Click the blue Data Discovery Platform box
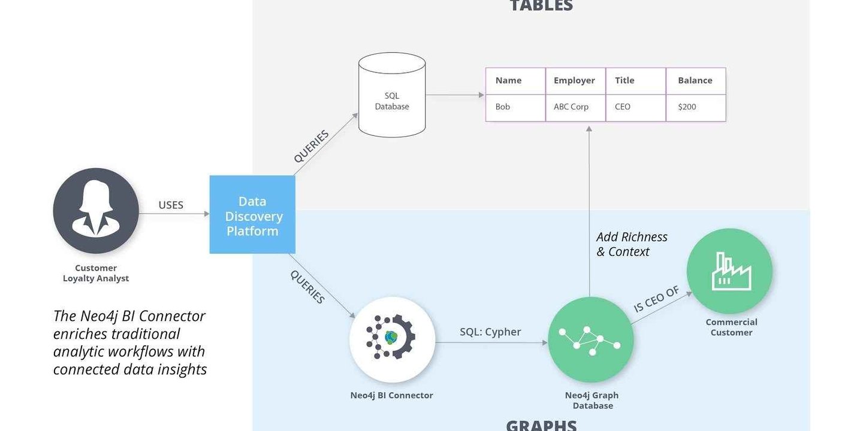point(252,215)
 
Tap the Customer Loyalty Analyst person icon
point(96,211)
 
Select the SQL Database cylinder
point(392,96)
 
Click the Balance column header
point(695,81)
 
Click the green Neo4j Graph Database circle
point(591,339)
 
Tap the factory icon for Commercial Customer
point(729,271)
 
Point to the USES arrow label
point(171,205)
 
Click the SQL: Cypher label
point(490,332)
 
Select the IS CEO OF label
point(657,299)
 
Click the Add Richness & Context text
point(631,244)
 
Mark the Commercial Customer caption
point(731,327)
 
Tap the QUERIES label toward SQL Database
point(312,147)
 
